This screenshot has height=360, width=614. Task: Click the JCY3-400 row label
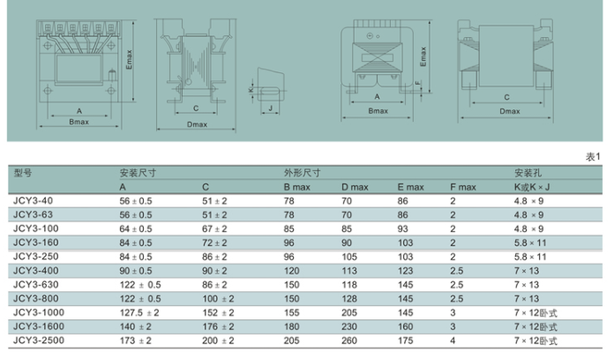click(x=36, y=271)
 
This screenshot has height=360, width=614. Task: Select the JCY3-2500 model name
click(x=39, y=341)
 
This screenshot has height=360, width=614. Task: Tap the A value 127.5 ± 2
click(x=139, y=312)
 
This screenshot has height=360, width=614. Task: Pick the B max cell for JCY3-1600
click(x=292, y=326)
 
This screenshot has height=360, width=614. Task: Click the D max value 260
click(x=349, y=341)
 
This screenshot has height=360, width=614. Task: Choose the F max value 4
click(x=453, y=341)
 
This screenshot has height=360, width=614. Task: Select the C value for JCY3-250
click(x=214, y=257)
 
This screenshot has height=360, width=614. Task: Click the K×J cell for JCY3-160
click(x=530, y=243)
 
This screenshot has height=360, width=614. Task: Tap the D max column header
click(x=355, y=187)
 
